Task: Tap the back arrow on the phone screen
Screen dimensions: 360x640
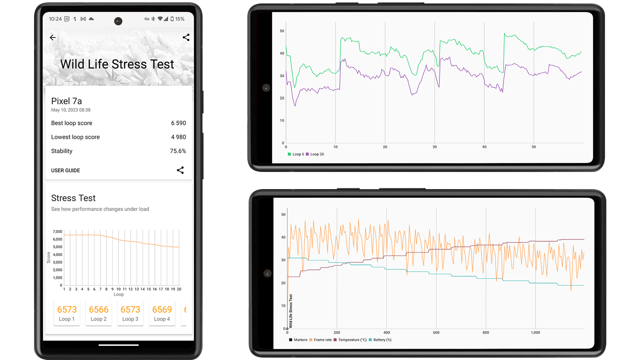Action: pos(53,37)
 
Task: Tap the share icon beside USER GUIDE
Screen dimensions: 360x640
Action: pos(180,170)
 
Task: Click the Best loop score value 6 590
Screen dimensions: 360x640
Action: pos(178,123)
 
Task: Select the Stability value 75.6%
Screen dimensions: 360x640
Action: pos(178,151)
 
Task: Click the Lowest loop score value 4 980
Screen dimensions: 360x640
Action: pos(178,137)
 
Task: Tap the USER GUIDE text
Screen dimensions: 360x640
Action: pos(65,170)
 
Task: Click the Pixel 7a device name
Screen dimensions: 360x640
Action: pos(66,101)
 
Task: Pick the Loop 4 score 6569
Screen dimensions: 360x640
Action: pos(162,310)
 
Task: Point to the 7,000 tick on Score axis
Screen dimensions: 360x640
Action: pos(57,232)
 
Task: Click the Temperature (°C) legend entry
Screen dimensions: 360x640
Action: pos(352,340)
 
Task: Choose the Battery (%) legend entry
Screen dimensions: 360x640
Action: pos(382,340)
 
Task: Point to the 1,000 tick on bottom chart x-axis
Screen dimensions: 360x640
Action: pos(535,333)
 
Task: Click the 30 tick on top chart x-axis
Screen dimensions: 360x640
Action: pos(435,147)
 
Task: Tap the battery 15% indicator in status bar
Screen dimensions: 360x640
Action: pos(178,19)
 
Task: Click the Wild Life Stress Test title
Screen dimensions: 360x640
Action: pos(117,64)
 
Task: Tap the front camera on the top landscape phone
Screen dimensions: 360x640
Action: pos(266,88)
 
